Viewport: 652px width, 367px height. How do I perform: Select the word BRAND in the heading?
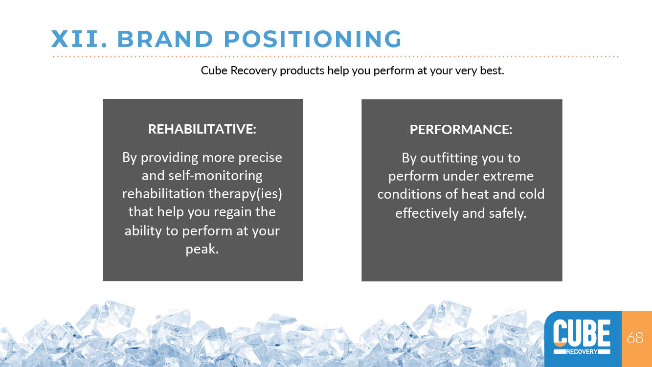point(165,39)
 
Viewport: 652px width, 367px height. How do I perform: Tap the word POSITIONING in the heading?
point(313,39)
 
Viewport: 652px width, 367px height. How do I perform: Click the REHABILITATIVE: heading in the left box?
point(202,129)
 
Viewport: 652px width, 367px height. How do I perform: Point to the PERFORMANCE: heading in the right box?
point(461,130)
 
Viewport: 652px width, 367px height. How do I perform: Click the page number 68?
point(635,338)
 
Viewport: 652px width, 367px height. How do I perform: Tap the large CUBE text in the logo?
point(582,333)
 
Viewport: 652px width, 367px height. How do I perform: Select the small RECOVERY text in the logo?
point(582,351)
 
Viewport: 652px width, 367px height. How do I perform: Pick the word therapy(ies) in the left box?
point(245,194)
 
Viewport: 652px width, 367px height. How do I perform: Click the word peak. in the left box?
point(202,249)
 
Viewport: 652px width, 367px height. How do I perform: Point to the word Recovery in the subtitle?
point(253,71)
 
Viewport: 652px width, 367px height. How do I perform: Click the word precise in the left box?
point(260,158)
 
